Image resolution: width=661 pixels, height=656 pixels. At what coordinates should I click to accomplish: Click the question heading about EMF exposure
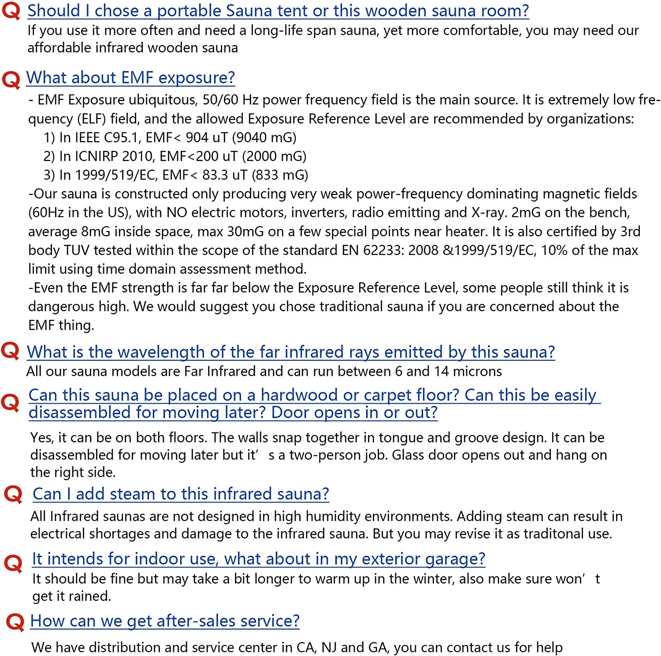tap(130, 78)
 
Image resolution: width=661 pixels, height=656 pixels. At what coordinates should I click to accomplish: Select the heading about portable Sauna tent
tap(278, 11)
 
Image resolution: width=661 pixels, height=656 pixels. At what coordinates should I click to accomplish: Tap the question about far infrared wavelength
tap(290, 352)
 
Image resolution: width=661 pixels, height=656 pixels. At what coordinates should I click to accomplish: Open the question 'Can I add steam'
tap(181, 494)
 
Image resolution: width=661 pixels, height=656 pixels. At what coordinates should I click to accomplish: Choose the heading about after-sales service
tap(165, 621)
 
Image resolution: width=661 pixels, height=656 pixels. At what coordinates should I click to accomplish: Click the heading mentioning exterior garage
tap(258, 559)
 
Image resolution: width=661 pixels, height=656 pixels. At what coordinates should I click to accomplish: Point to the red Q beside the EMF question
tap(11, 80)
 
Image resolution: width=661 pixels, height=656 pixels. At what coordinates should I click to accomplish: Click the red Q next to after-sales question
tap(15, 622)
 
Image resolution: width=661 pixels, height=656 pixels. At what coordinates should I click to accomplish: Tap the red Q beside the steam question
tap(13, 494)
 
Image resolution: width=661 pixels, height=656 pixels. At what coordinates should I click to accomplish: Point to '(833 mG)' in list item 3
tap(280, 175)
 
